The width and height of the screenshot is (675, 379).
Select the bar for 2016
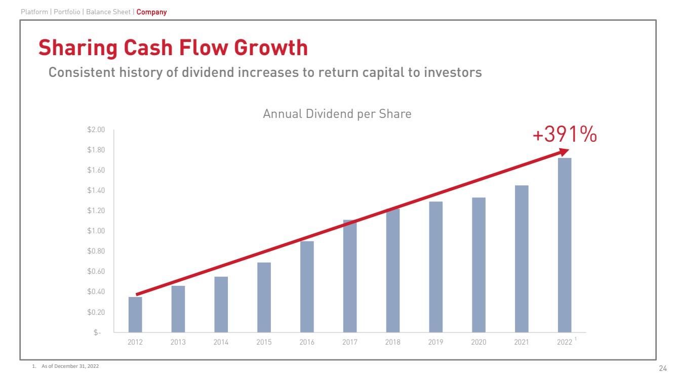click(x=307, y=286)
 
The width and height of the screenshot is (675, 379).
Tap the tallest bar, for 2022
click(x=564, y=245)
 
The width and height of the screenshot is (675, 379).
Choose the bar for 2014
click(x=221, y=304)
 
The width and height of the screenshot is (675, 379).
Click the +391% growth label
click(x=565, y=135)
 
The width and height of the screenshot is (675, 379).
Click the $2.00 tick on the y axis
click(x=96, y=130)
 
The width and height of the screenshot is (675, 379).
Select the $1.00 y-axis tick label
click(x=96, y=231)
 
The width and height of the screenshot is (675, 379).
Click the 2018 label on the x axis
click(x=392, y=343)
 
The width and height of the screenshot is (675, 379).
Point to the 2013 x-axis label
click(x=178, y=343)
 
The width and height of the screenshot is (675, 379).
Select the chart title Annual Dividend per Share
click(x=337, y=114)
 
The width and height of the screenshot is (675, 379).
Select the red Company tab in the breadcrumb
click(x=151, y=12)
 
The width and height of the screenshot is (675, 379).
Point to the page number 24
click(x=662, y=368)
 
